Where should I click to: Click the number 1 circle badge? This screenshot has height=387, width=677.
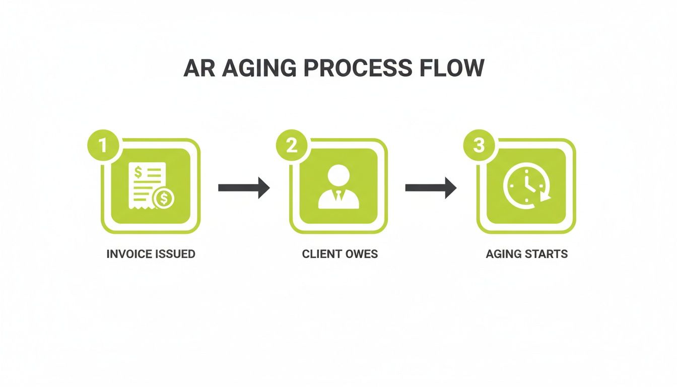pyautogui.click(x=103, y=145)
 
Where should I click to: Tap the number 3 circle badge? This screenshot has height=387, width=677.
pyautogui.click(x=479, y=145)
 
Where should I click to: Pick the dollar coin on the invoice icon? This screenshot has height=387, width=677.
pyautogui.click(x=163, y=199)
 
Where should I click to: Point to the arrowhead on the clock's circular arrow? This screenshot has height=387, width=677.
pyautogui.click(x=545, y=197)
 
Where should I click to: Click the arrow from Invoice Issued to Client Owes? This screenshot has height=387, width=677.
pyautogui.click(x=244, y=187)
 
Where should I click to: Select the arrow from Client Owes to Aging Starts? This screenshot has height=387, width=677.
pyautogui.click(x=431, y=187)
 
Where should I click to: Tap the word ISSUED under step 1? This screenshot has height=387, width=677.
pyautogui.click(x=174, y=254)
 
